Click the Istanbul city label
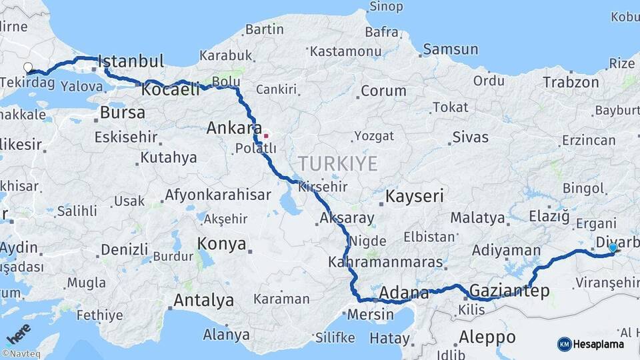click(x=131, y=62)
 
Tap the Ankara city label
click(x=233, y=128)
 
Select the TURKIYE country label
click(x=338, y=163)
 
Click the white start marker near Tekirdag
click(x=28, y=67)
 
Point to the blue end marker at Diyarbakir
click(x=613, y=248)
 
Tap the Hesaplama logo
click(x=591, y=344)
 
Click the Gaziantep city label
click(x=510, y=291)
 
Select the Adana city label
click(x=404, y=293)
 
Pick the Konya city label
click(x=222, y=244)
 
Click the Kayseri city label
click(x=415, y=196)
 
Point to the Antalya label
click(x=203, y=301)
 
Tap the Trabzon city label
click(x=571, y=82)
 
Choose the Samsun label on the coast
click(x=451, y=49)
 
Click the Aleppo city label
click(x=487, y=337)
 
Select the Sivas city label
click(x=470, y=137)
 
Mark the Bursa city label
click(x=122, y=113)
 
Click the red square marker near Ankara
click(x=266, y=136)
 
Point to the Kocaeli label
click(x=171, y=90)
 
